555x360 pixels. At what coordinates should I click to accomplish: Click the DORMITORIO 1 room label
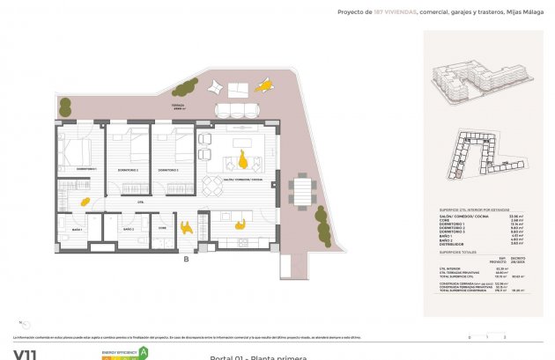click(85, 169)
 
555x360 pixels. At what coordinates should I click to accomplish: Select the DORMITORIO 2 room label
click(129, 170)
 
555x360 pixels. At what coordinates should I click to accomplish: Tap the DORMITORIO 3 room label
click(169, 170)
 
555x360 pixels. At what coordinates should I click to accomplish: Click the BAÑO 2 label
click(129, 229)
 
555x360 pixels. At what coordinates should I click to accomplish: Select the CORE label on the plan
click(162, 229)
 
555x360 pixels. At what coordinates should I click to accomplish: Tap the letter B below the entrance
click(186, 259)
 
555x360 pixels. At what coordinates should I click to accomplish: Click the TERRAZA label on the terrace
click(179, 105)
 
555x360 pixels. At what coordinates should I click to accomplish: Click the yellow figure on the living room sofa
click(240, 158)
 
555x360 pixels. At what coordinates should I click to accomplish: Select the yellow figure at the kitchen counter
click(240, 223)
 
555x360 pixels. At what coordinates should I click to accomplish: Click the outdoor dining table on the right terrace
click(302, 189)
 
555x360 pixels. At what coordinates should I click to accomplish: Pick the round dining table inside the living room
click(212, 186)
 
